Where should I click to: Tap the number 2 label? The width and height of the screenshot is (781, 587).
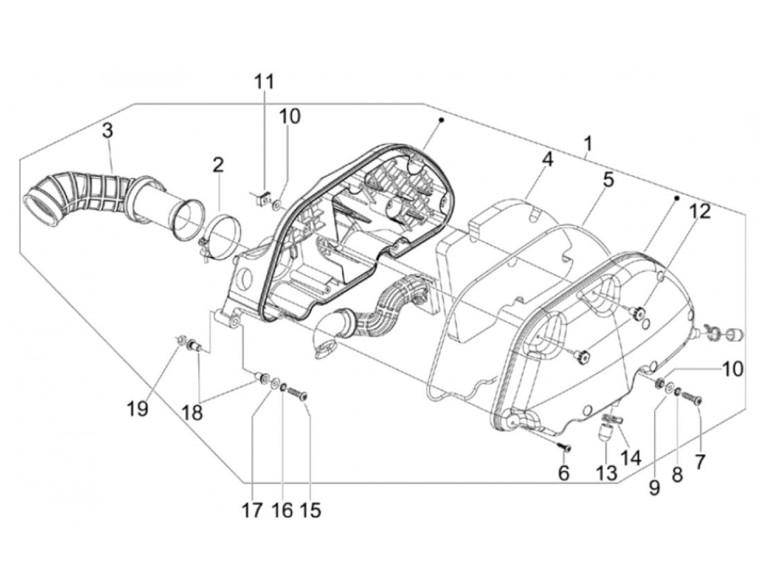pos(218,165)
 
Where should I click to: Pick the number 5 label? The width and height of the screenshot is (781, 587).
pos(608,180)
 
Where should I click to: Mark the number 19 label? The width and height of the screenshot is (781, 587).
pos(137,409)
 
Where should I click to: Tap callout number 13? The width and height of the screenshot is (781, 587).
pos(606,473)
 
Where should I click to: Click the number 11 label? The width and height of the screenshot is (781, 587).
pos(264,82)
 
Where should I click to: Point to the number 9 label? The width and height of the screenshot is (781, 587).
pos(654,487)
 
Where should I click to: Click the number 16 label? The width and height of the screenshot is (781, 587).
pos(283,509)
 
